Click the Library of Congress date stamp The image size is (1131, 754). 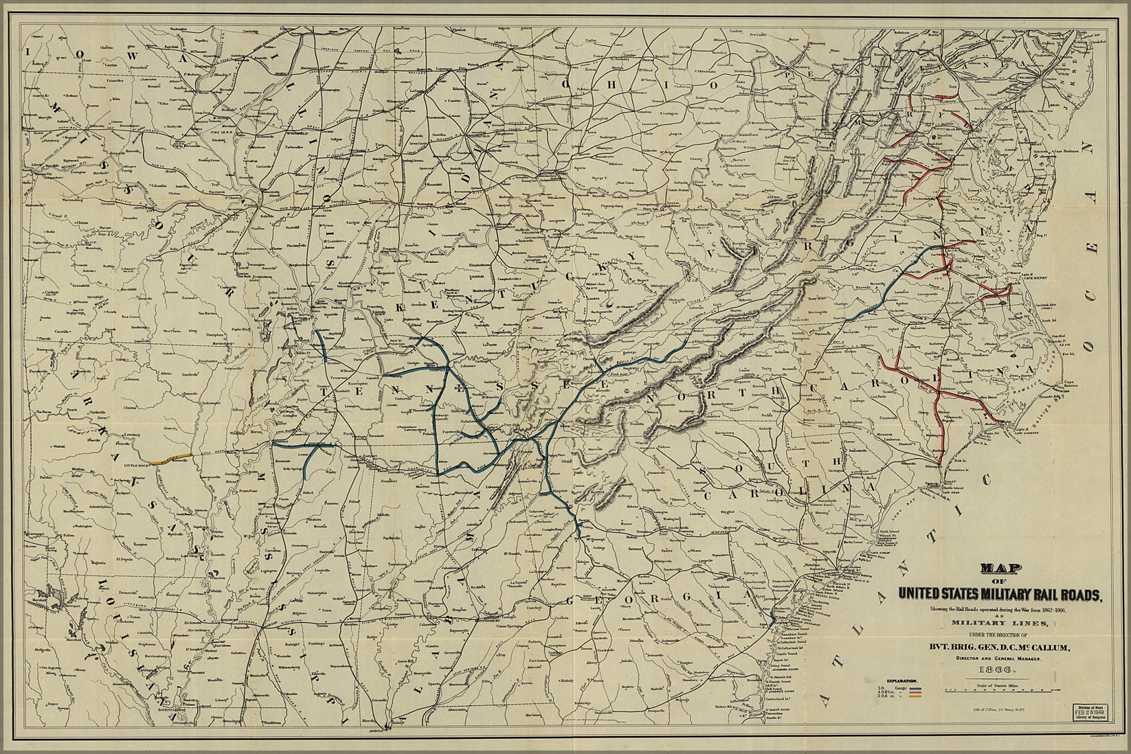pos(1090,712)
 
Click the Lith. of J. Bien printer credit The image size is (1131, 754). pos(999,709)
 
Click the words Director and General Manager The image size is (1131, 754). pos(998,659)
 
